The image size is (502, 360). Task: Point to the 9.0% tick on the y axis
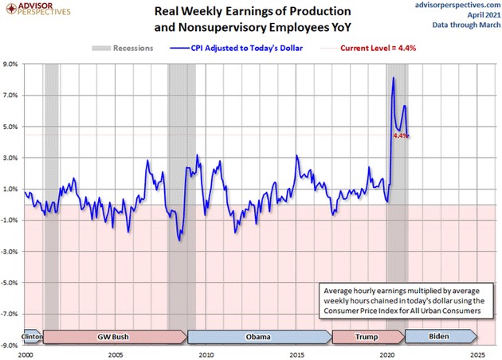pyautogui.click(x=13, y=65)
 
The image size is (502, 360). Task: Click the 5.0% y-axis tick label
pyautogui.click(x=13, y=127)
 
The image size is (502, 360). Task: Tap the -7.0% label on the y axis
pyautogui.click(x=12, y=314)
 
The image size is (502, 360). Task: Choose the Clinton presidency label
pyautogui.click(x=33, y=337)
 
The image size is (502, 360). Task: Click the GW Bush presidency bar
pyautogui.click(x=112, y=337)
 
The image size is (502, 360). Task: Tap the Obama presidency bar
pyautogui.click(x=258, y=337)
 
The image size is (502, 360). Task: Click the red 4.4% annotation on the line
pyautogui.click(x=400, y=135)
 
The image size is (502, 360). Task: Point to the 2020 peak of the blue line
pyautogui.click(x=394, y=77)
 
